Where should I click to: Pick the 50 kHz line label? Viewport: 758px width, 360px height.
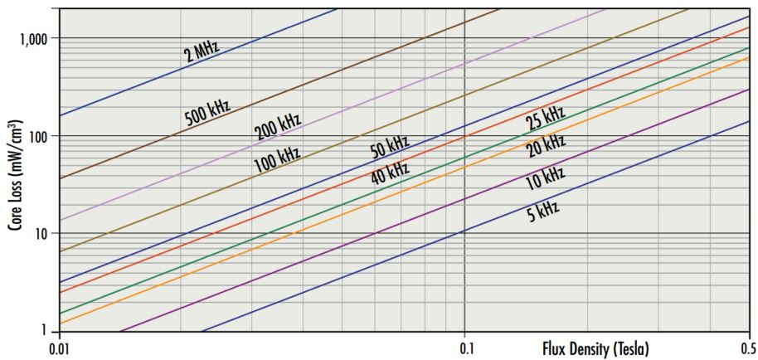coord(390,148)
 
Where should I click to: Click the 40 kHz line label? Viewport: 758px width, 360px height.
coord(390,173)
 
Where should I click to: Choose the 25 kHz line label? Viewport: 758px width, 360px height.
coord(545,119)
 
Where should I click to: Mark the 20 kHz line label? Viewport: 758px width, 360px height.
coord(545,145)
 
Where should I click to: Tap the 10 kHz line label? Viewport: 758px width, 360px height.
coord(545,177)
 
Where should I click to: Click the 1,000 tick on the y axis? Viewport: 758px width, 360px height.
coord(35,38)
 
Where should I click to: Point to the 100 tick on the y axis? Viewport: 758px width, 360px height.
coord(40,136)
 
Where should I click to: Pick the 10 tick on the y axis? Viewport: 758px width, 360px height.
coord(43,234)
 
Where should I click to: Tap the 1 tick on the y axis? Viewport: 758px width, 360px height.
coord(46,331)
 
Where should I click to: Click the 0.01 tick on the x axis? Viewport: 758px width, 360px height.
coord(58,348)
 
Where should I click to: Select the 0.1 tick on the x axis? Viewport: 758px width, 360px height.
coord(465,348)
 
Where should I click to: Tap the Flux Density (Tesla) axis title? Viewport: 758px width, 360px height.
coord(595,348)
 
